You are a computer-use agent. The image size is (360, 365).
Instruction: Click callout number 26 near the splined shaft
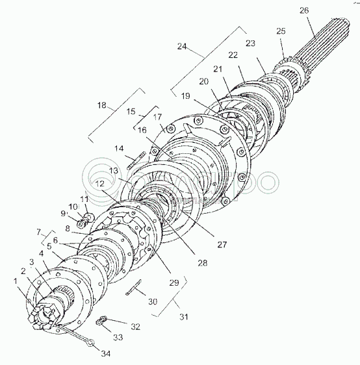304,10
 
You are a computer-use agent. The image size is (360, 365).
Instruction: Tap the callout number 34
105,353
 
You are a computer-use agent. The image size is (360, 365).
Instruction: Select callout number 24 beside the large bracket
182,47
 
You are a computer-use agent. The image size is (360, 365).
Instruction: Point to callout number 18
102,105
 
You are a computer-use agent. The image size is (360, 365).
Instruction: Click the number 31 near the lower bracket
184,317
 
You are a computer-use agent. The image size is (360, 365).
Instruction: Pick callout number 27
222,244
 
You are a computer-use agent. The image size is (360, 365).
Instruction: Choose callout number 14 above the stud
119,148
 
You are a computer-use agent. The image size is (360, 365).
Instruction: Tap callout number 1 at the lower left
16,281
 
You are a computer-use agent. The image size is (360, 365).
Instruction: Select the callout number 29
174,283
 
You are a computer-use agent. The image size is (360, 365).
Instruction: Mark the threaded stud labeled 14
136,160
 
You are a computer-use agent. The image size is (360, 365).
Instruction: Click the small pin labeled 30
135,287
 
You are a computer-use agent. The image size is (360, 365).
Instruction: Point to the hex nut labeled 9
81,224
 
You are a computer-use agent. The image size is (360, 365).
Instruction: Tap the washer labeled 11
90,216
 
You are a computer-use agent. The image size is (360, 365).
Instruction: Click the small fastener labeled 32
103,318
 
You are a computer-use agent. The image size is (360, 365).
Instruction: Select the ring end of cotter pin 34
91,342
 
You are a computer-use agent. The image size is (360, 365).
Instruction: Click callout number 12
99,184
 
